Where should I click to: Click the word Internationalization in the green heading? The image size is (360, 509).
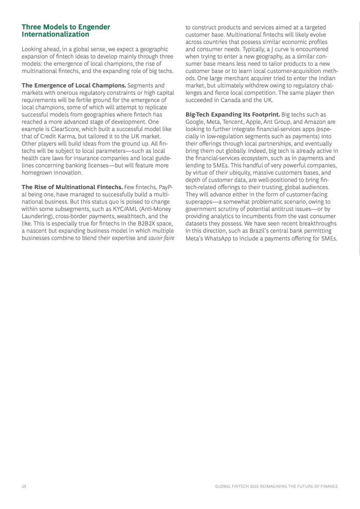(56, 34)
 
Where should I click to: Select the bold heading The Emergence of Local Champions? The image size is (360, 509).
(73, 85)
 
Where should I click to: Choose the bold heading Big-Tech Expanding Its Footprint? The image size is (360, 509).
(233, 114)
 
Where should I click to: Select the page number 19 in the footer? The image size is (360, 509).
(24, 486)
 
